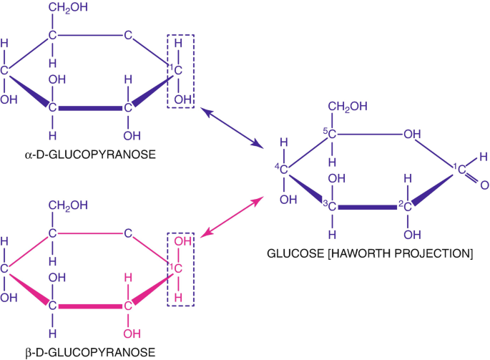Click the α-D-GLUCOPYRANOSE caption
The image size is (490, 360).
[x=90, y=155]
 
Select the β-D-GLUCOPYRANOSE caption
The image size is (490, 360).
[x=90, y=353]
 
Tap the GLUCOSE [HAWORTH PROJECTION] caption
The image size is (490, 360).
[x=370, y=253]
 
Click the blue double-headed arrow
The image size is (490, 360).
[x=231, y=127]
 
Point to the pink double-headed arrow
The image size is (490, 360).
[x=232, y=217]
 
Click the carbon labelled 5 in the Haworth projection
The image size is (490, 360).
[x=332, y=134]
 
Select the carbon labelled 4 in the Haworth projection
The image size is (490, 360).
[x=283, y=170]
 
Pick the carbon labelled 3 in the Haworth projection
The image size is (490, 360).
[x=332, y=206]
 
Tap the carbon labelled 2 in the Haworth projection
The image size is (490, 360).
[x=408, y=206]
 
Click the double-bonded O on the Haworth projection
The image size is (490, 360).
[x=484, y=185]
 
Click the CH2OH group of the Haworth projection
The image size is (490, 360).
[x=348, y=107]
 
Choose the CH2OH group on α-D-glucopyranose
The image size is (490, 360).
[x=68, y=7]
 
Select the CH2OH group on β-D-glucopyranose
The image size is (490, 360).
[x=68, y=205]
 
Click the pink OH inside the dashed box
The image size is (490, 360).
[x=182, y=241]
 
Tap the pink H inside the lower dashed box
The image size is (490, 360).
[x=178, y=298]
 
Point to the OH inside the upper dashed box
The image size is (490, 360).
[x=182, y=99]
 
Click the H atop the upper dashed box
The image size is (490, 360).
[x=178, y=43]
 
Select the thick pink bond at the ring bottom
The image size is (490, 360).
[x=90, y=306]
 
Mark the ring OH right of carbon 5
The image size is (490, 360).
[x=412, y=134]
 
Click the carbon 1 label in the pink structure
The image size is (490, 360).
[x=177, y=268]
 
